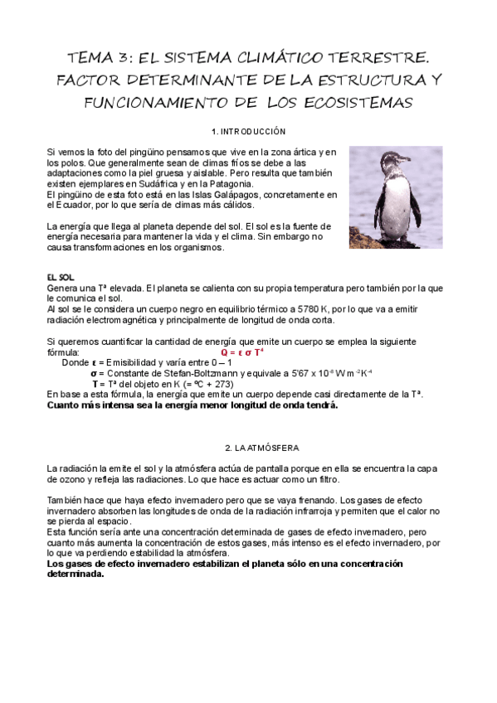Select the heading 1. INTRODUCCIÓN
tap(248, 132)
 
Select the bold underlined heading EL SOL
tap(61, 276)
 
